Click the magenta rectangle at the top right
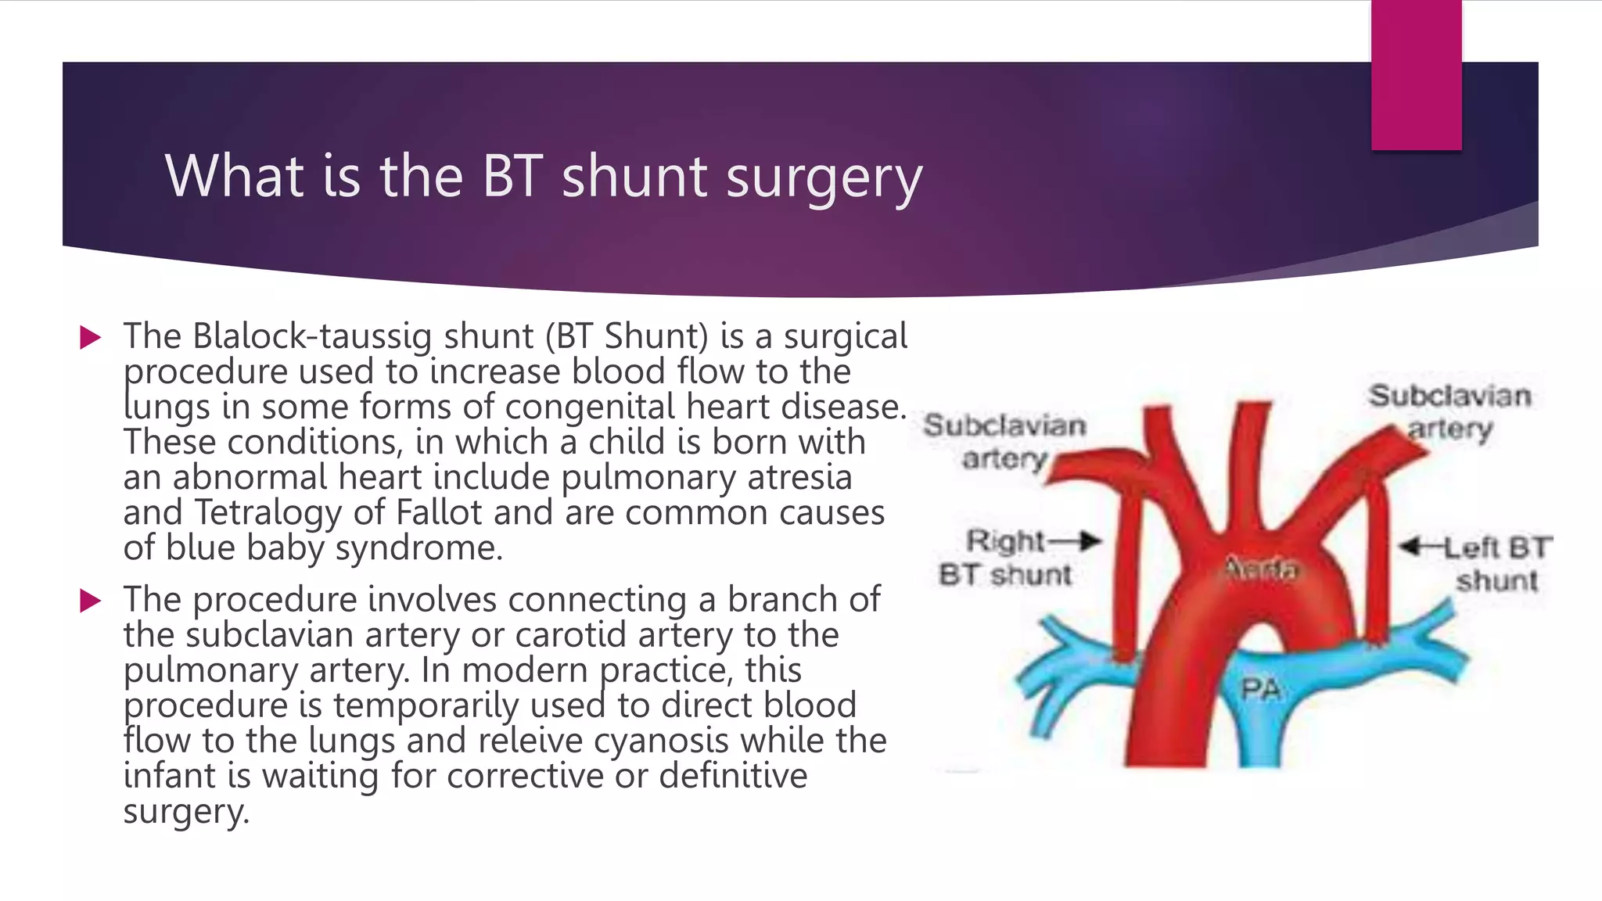[x=1416, y=74]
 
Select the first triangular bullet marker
[x=91, y=338]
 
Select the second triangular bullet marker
[x=91, y=601]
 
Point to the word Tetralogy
[x=268, y=513]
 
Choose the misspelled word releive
[x=530, y=741]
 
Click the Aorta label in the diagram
[x=1260, y=569]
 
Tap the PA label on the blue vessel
[x=1260, y=690]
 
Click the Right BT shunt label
[x=1006, y=558]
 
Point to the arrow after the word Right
[x=1076, y=540]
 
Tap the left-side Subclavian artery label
[x=1004, y=442]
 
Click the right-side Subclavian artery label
[x=1449, y=412]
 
